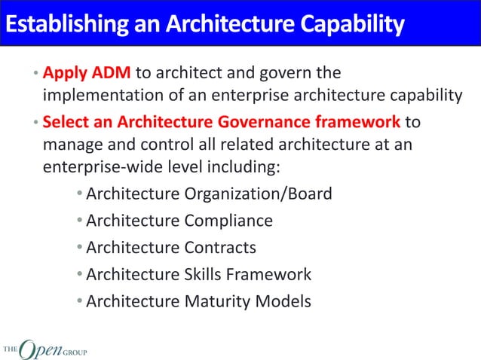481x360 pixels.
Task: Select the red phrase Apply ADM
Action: pos(87,73)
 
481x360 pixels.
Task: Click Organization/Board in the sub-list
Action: pos(261,194)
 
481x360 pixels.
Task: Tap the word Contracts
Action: pos(221,247)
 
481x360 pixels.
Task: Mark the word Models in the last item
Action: pos(284,301)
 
